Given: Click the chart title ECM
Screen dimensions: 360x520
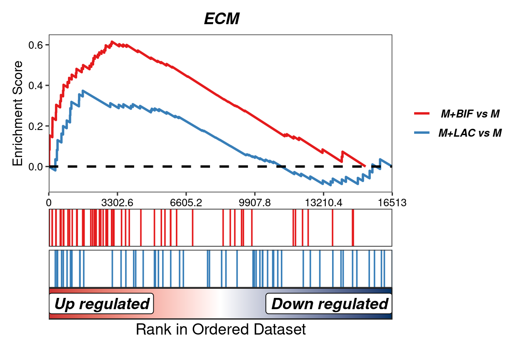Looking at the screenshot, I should point(222,19).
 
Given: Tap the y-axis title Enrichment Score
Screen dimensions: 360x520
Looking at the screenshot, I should point(18,113).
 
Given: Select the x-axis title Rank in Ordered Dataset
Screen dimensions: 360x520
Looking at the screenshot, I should point(221,329).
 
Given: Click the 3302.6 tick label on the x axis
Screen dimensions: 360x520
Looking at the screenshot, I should point(117,202).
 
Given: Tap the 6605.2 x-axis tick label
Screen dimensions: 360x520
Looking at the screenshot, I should point(186,202).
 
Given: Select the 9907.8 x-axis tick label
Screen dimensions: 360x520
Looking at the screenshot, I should point(255,202).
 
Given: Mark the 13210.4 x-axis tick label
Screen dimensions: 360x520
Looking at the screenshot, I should point(323,202).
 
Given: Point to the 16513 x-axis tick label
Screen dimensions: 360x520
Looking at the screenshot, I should point(392,202).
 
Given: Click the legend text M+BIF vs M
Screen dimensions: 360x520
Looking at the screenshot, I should point(470,113).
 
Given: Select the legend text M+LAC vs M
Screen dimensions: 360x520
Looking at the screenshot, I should point(470,133).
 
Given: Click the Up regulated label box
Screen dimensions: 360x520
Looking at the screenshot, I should point(102,304).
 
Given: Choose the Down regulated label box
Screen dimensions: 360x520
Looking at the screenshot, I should point(329,304).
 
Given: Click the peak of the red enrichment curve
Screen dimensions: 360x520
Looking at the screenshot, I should point(112,42).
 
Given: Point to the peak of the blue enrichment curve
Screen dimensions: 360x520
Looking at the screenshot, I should point(83,91).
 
